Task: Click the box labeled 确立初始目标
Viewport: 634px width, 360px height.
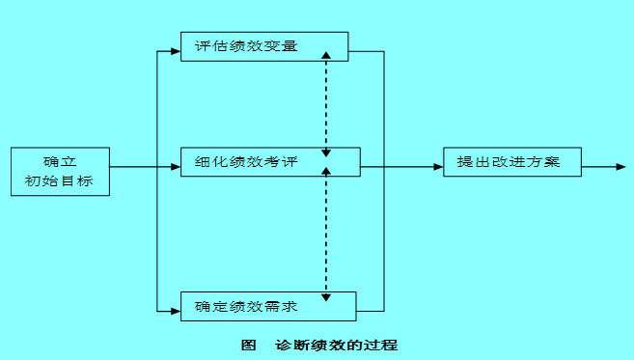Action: pos(60,171)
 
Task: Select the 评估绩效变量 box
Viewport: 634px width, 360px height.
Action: pos(263,46)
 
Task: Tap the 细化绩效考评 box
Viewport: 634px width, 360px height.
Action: pos(270,163)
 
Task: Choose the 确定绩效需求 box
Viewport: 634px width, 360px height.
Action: pos(268,306)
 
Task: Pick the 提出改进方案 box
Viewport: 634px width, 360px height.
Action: pos(513,163)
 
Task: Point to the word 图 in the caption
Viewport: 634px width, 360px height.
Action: pos(248,345)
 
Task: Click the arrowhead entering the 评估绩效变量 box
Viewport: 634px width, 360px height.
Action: pos(176,46)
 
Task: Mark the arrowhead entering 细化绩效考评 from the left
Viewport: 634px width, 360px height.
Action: pos(176,167)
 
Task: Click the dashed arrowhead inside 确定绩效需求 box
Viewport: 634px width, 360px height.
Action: pos(327,298)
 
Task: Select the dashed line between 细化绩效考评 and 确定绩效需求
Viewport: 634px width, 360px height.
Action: pos(327,232)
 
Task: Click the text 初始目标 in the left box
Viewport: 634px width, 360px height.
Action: pos(60,180)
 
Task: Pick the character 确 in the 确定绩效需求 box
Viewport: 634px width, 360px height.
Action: pos(201,307)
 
